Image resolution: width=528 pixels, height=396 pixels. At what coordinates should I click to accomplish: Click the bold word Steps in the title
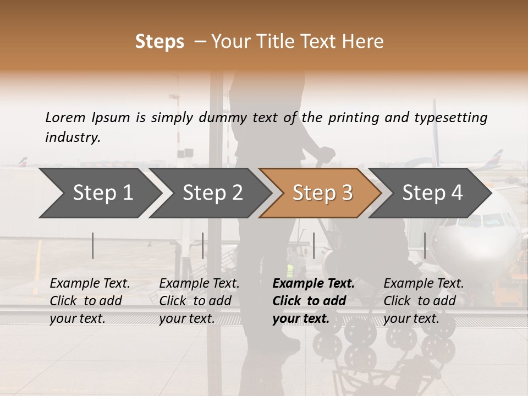click(x=159, y=42)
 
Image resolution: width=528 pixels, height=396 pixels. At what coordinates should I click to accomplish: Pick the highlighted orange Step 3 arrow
click(x=322, y=193)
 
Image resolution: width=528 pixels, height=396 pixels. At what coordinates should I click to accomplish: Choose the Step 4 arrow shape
click(x=432, y=193)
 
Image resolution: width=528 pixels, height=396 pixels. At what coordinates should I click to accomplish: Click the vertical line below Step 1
click(x=93, y=245)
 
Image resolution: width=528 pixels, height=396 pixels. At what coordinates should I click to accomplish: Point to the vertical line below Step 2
click(x=203, y=245)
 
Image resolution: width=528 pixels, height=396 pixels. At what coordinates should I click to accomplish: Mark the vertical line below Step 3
click(x=313, y=245)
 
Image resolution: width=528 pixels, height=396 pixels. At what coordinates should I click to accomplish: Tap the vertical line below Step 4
click(x=425, y=245)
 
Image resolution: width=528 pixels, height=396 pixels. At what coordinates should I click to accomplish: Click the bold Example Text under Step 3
click(x=313, y=301)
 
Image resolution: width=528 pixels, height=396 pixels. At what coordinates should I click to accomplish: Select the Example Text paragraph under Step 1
click(x=90, y=301)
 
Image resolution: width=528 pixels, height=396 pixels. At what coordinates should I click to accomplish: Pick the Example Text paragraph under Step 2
click(x=199, y=301)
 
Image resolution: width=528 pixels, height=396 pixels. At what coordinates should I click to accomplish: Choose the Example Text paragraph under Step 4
click(x=424, y=301)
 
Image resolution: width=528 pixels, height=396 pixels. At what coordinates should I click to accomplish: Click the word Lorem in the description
click(x=65, y=118)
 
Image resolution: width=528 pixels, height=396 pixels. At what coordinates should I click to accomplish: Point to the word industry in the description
click(x=73, y=137)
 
